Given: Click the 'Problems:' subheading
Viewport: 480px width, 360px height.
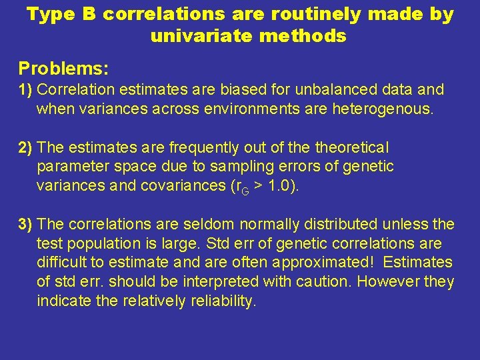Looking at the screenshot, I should (63, 68).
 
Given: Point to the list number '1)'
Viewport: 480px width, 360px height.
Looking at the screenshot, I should (27, 89).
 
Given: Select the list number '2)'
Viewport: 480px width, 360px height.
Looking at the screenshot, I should (27, 147).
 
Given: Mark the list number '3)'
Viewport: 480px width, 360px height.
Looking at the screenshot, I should (27, 224).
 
